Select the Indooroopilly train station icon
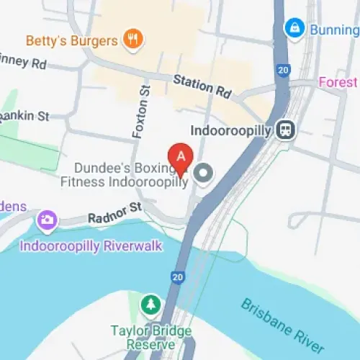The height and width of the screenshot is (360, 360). (x=287, y=130)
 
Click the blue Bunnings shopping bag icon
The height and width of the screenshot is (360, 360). (x=293, y=29)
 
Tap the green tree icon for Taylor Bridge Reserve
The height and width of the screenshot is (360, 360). (x=150, y=305)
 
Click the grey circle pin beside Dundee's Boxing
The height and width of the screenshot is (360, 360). (x=204, y=173)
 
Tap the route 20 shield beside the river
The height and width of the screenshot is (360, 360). (x=177, y=276)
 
